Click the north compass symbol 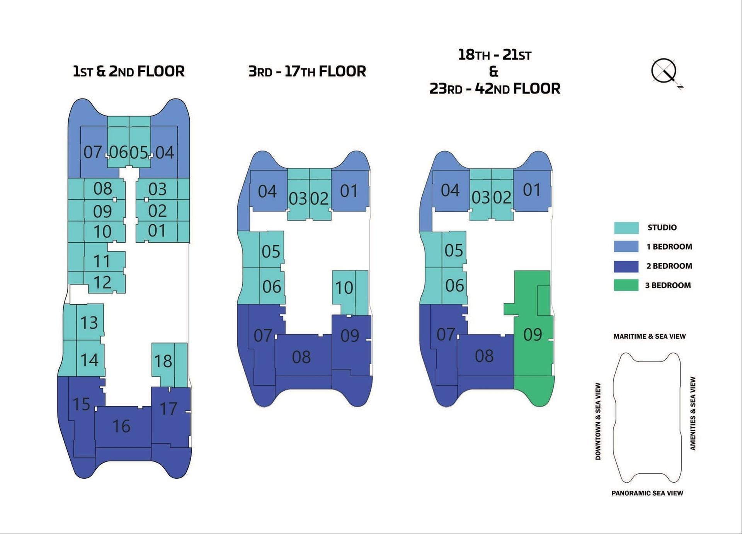tap(664, 71)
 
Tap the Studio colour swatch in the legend tap(626, 228)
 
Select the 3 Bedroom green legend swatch tap(626, 285)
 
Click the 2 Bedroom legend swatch tap(626, 266)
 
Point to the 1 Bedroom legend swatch tap(626, 247)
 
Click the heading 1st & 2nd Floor tap(129, 71)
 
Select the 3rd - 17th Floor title tap(307, 71)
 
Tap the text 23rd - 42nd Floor tap(495, 89)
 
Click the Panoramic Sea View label tap(647, 493)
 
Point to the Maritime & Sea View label tap(649, 336)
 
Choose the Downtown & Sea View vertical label tap(598, 421)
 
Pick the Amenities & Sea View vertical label tap(693, 414)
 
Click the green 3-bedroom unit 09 tap(533, 334)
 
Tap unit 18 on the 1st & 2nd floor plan tap(163, 361)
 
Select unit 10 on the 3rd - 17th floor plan tap(344, 288)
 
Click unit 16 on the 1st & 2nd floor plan tap(121, 426)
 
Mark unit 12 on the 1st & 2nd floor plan tap(102, 283)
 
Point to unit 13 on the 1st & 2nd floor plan tap(89, 322)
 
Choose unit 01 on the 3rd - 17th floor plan tap(349, 191)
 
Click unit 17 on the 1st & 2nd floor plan tap(168, 409)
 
